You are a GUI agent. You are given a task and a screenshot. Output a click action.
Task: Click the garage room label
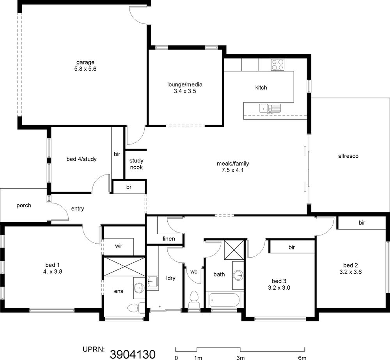85,62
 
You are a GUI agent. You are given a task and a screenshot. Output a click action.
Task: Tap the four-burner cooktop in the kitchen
278,65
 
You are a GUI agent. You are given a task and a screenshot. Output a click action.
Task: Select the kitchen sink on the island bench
269,109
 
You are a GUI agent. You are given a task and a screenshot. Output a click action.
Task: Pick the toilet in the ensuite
136,308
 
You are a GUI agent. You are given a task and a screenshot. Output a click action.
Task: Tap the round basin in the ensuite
139,288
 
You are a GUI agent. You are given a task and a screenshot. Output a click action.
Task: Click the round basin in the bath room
238,275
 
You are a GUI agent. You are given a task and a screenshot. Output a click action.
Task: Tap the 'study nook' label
136,164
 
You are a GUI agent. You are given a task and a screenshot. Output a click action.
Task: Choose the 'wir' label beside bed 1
119,246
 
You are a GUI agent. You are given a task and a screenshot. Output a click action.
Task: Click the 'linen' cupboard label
169,239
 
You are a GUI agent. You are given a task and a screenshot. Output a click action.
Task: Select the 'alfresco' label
348,156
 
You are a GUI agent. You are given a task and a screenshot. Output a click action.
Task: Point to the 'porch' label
24,206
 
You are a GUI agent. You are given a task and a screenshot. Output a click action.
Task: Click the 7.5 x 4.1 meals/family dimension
233,170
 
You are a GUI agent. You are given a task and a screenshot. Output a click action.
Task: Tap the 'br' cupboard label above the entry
129,187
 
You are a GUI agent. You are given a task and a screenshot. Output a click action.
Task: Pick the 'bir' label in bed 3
292,247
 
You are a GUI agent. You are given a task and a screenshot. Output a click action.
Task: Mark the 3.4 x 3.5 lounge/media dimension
185,91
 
